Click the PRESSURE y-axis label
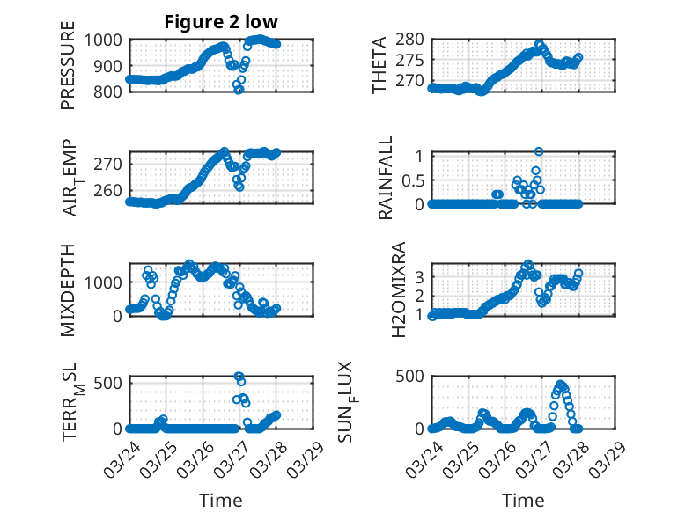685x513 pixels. point(68,71)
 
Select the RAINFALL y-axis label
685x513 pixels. point(386,180)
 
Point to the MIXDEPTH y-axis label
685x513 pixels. point(68,289)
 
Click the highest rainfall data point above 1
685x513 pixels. point(539,151)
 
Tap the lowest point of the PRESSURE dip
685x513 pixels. point(239,90)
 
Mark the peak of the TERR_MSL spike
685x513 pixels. point(239,376)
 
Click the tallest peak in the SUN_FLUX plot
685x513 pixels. point(561,385)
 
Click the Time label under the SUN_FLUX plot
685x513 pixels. point(523,500)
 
